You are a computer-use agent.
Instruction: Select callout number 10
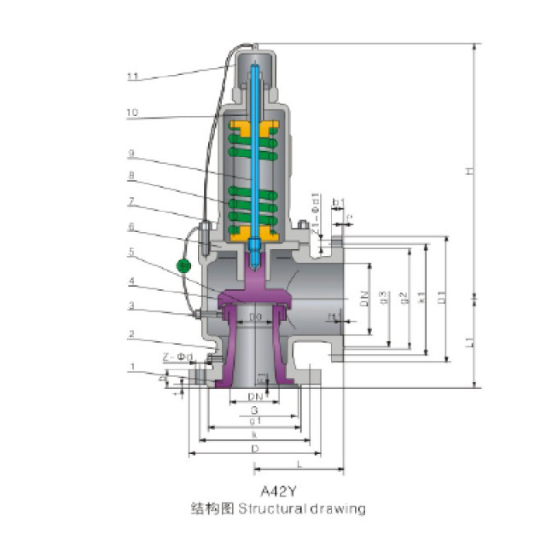click(x=133, y=113)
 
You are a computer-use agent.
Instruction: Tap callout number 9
click(x=133, y=154)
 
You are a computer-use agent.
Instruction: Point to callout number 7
click(x=133, y=203)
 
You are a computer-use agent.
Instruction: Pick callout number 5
click(x=133, y=253)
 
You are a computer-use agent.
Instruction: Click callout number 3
click(x=133, y=305)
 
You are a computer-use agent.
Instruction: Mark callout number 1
click(x=133, y=366)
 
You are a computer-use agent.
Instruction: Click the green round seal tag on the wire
click(x=183, y=265)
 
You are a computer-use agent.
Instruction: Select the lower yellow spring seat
click(x=253, y=233)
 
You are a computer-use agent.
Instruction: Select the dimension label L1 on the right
click(x=469, y=341)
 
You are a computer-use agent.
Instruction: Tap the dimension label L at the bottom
click(x=299, y=462)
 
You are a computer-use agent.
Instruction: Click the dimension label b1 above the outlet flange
click(x=338, y=202)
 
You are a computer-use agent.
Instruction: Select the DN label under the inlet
click(x=254, y=397)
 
